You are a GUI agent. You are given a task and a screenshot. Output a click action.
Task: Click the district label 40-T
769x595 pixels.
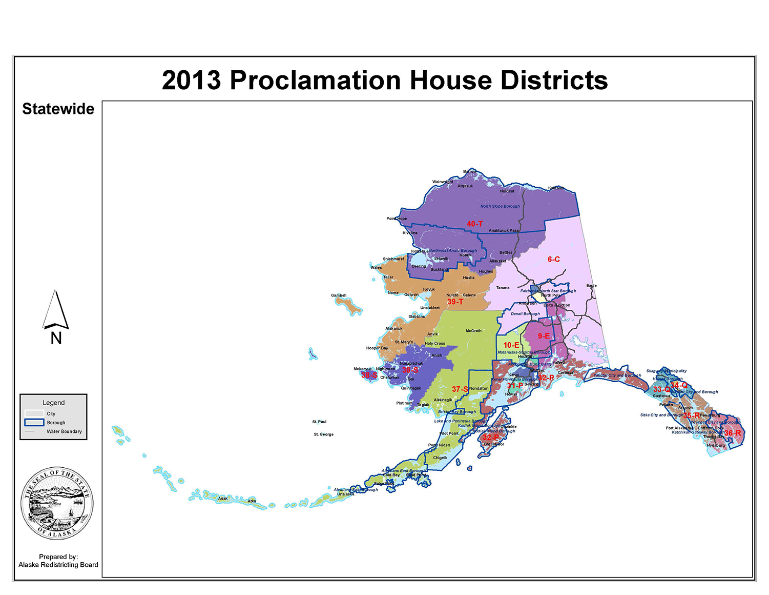[x=474, y=224]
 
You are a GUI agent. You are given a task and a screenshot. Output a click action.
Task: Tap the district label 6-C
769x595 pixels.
[x=553, y=260]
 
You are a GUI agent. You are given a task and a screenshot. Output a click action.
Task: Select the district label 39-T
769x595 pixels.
[x=455, y=302]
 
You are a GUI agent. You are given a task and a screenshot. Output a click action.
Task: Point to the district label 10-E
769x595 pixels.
[x=511, y=345]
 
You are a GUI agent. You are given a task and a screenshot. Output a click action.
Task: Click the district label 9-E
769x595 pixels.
[x=544, y=336]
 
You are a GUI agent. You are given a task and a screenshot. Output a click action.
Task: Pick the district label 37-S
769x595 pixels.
[x=460, y=389]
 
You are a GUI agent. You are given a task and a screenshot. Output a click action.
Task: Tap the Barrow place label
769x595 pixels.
[x=470, y=171]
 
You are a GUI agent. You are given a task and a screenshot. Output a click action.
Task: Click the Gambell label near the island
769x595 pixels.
[x=339, y=295]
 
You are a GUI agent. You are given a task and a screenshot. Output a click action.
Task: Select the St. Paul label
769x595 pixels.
[x=319, y=422]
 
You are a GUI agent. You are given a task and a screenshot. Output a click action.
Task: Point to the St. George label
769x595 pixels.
[x=323, y=434]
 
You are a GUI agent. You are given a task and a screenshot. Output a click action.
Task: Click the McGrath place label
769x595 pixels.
[x=473, y=331]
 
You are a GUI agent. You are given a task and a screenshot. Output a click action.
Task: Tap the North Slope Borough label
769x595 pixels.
[x=500, y=206]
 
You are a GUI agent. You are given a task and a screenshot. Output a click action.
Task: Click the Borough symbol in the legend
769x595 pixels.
[x=34, y=423]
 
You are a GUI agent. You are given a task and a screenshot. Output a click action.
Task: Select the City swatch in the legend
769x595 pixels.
[x=34, y=413]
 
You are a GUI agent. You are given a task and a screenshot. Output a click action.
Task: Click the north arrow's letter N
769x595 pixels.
[x=56, y=339]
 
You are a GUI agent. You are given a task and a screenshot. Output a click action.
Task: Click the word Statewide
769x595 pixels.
[x=58, y=109]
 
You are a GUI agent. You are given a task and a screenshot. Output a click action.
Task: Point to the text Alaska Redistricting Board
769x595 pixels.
[x=58, y=565]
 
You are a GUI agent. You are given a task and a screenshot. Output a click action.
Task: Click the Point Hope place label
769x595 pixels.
[x=397, y=219]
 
